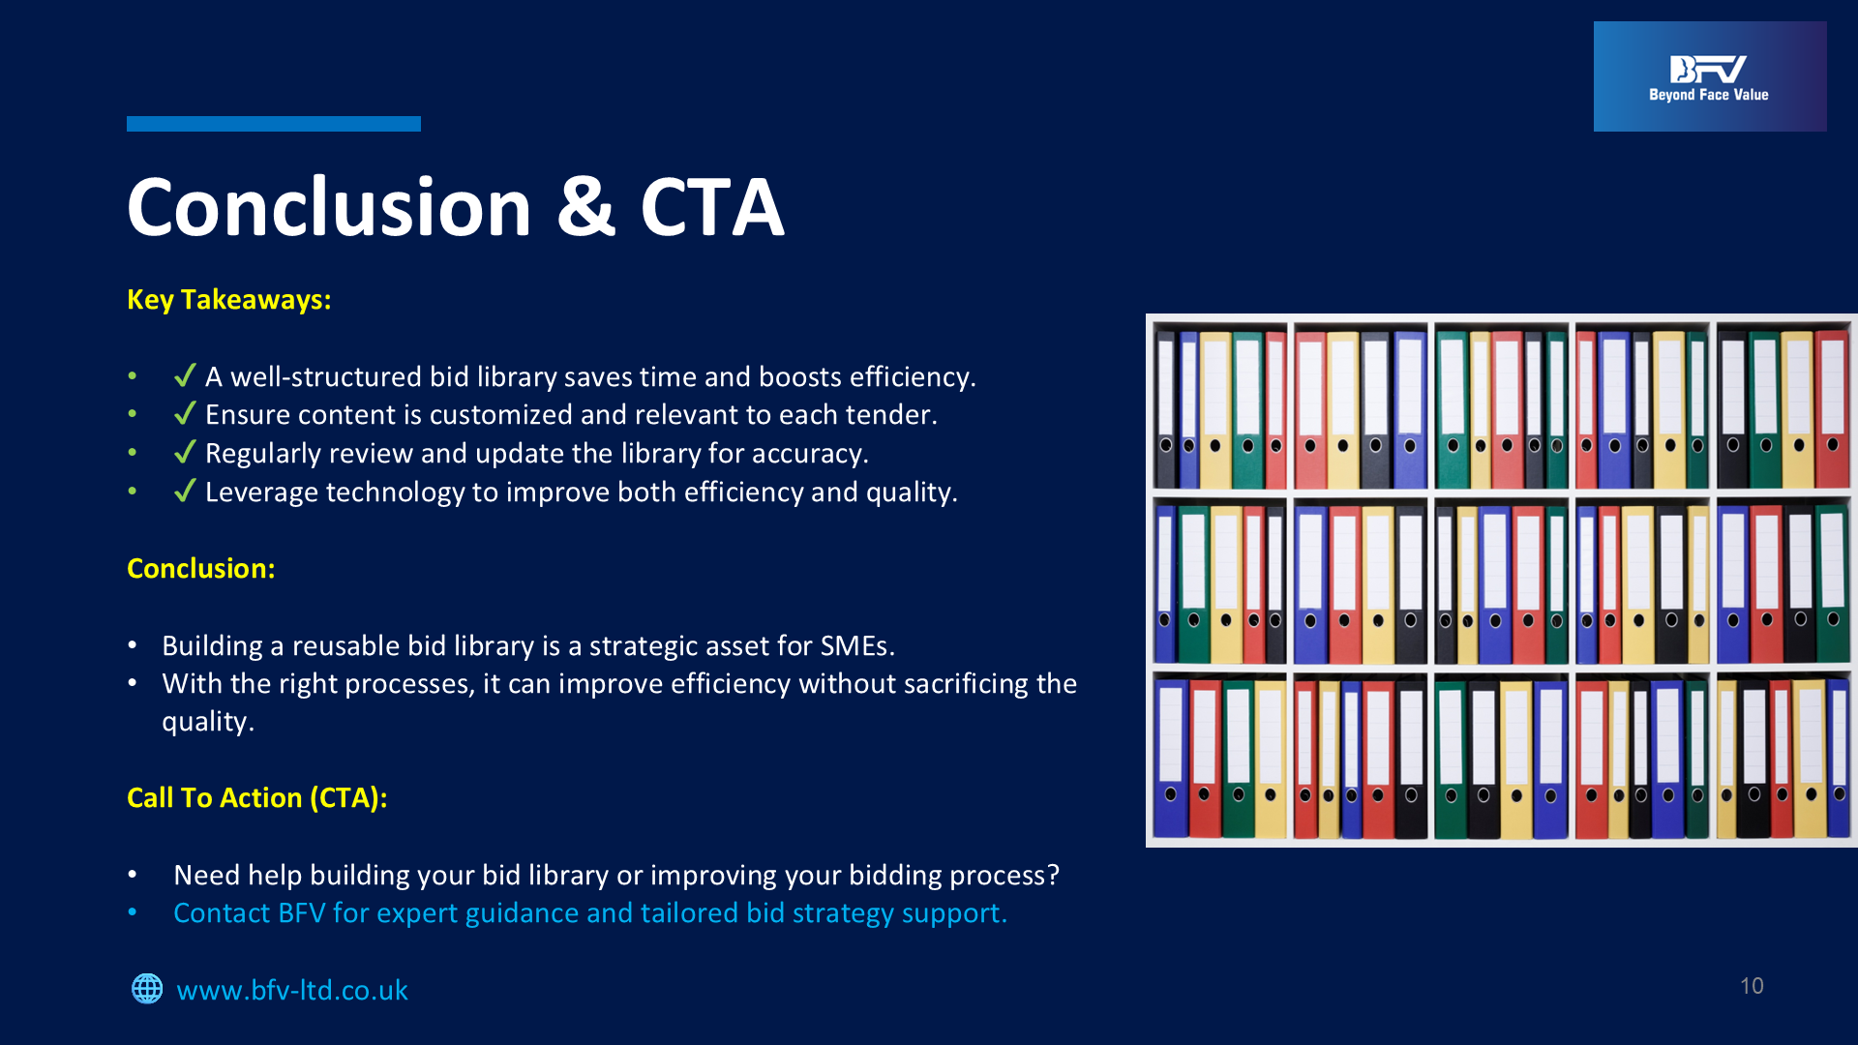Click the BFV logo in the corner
(x=1710, y=76)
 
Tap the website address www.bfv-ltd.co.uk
(x=292, y=990)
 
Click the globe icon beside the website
(x=147, y=989)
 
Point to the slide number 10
(x=1752, y=986)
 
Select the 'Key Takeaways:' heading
(x=229, y=300)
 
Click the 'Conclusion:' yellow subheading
(x=201, y=568)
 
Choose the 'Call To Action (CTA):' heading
(x=257, y=797)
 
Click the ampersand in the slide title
(x=586, y=207)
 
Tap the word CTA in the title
(x=712, y=207)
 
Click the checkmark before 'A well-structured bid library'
(x=185, y=375)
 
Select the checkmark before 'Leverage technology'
(x=185, y=491)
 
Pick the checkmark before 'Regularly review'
(x=185, y=452)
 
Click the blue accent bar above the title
(x=274, y=124)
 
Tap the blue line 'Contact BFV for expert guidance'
(x=590, y=913)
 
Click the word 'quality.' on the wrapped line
(x=208, y=722)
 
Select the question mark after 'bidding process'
(x=1053, y=875)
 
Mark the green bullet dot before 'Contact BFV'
(x=133, y=913)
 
